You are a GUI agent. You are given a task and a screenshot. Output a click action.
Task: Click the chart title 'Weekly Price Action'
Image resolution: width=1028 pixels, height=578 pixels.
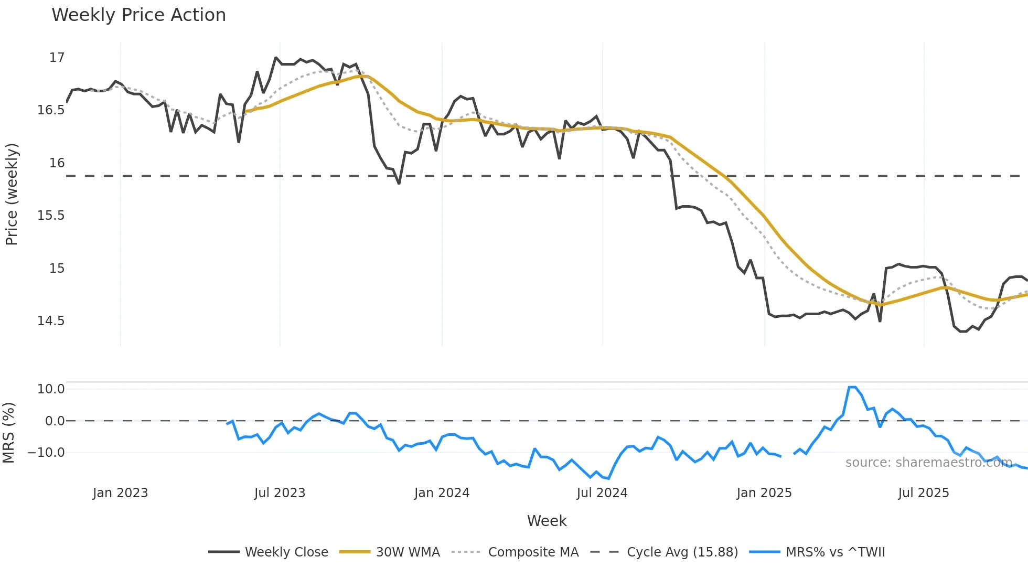coord(138,15)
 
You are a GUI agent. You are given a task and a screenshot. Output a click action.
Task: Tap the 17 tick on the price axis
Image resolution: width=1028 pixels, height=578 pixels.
coord(57,58)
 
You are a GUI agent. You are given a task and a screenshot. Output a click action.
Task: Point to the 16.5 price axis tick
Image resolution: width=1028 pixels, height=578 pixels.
coord(51,110)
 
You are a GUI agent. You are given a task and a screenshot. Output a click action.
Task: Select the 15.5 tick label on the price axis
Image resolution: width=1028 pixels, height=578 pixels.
coord(51,216)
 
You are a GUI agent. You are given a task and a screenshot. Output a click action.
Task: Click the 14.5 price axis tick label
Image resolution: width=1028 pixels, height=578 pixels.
coord(51,321)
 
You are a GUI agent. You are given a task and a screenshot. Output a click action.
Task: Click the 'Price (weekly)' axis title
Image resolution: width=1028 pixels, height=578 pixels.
coord(12,194)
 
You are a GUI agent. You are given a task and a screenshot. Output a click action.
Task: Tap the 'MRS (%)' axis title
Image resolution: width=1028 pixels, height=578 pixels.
coord(8,433)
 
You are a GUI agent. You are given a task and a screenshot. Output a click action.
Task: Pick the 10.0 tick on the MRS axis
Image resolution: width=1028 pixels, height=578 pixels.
coord(51,389)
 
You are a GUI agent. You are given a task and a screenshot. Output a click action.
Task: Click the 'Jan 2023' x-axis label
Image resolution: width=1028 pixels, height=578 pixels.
coord(120,493)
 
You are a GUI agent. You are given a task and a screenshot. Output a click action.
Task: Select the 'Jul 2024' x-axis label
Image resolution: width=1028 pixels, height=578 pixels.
coord(602,493)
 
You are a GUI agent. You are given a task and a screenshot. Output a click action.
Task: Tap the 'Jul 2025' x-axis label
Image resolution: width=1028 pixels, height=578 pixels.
coord(923,493)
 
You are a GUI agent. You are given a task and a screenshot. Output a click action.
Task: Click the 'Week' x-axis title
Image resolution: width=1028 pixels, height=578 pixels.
coord(547,521)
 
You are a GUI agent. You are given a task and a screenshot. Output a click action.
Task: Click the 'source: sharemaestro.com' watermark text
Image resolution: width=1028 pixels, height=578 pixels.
coord(928,463)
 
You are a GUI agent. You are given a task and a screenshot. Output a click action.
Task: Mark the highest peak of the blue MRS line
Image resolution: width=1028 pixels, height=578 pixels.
coord(852,387)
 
